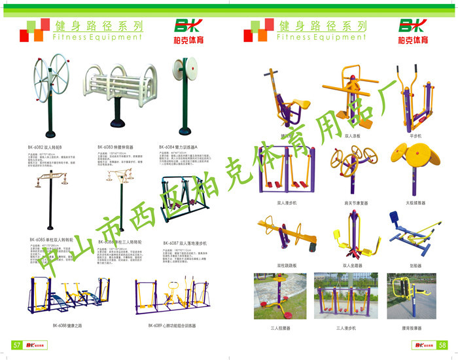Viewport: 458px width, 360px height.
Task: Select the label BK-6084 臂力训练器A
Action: coord(178,147)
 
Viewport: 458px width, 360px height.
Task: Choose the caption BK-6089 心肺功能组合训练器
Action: coord(171,325)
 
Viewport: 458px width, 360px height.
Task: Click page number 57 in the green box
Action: coord(18,345)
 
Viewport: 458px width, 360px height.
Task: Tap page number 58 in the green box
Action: coord(442,345)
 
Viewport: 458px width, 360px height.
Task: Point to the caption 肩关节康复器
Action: coord(355,203)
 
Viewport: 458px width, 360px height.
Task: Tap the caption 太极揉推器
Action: coord(415,203)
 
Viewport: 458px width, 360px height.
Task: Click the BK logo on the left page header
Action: coord(190,26)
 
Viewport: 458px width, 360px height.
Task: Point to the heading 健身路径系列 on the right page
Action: coord(322,26)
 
